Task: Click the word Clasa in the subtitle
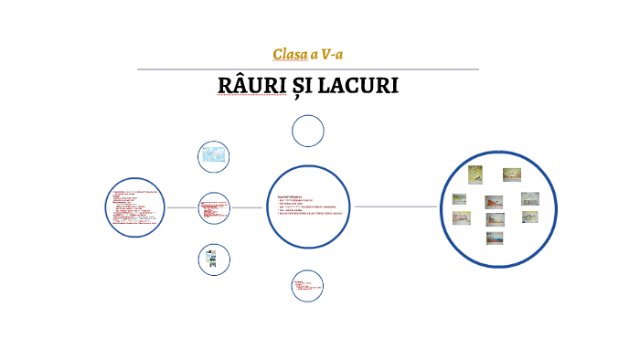point(289,54)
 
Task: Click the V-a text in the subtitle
point(332,54)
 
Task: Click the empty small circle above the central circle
point(308,131)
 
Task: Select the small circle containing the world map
point(214,156)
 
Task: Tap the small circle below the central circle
point(308,286)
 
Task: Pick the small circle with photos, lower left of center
point(214,259)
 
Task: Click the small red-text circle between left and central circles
point(214,207)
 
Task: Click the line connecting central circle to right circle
point(397,206)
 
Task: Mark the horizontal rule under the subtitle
point(308,69)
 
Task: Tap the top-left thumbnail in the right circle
point(475,174)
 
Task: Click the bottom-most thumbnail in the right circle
point(495,238)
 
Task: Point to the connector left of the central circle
point(247,207)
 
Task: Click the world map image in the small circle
point(214,155)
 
